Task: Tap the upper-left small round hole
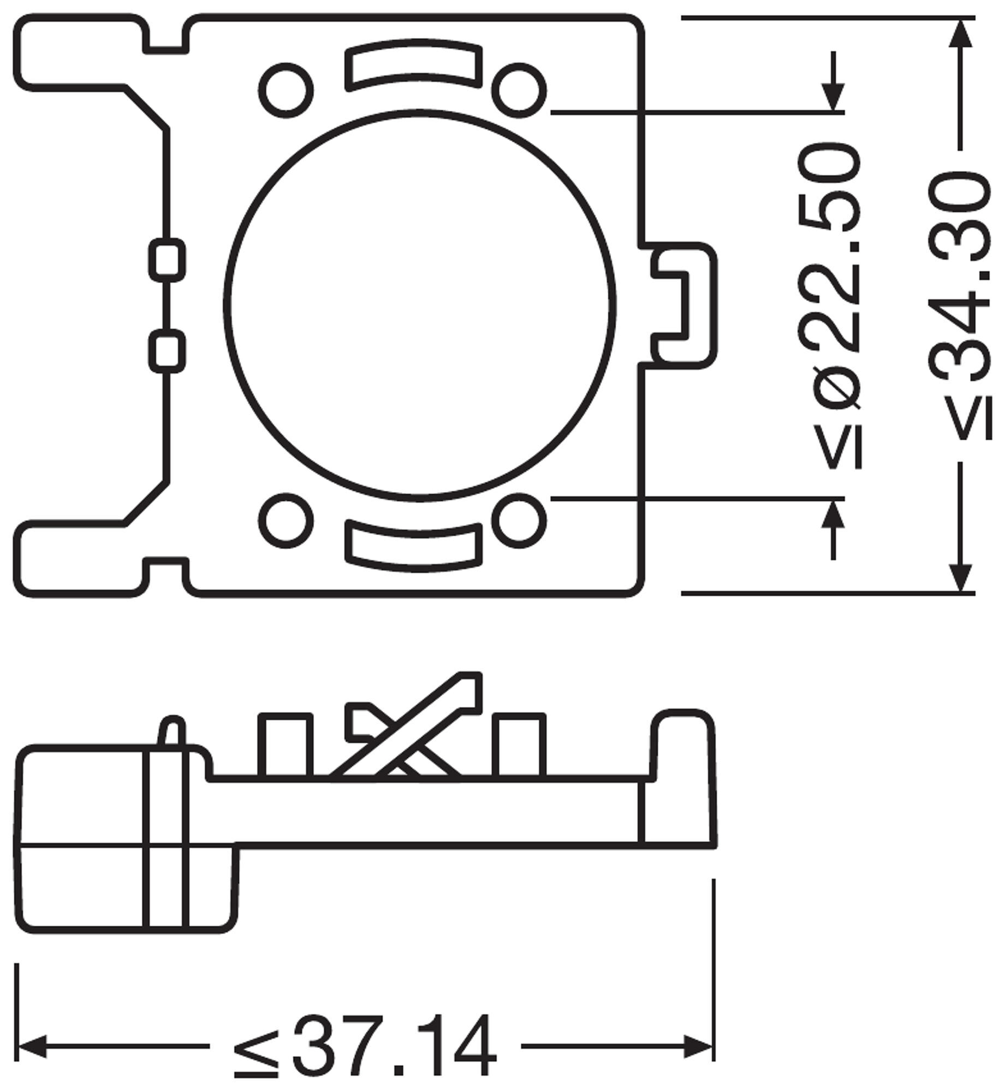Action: point(286,91)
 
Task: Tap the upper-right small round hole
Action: point(519,91)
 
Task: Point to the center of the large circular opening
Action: point(420,305)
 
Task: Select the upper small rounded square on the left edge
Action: point(166,260)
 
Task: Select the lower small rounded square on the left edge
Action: point(166,351)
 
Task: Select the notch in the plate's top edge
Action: point(167,34)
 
